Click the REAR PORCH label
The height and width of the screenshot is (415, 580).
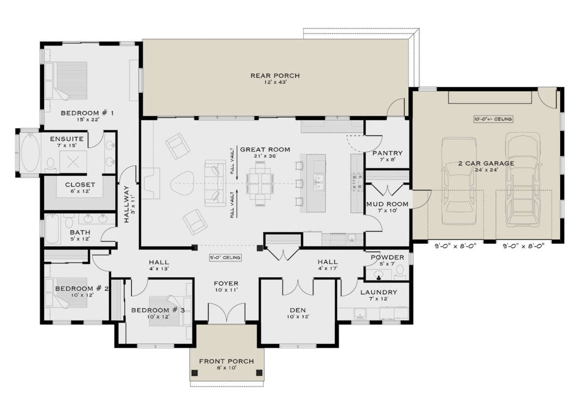(x=275, y=75)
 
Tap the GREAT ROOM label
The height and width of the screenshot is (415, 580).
(x=265, y=149)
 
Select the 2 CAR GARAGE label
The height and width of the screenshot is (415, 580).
(x=486, y=163)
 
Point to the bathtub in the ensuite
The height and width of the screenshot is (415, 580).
(x=30, y=152)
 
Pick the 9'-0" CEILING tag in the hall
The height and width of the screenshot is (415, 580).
(x=225, y=258)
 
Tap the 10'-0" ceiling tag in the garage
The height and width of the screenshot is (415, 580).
(x=493, y=119)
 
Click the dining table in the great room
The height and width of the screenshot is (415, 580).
(x=260, y=184)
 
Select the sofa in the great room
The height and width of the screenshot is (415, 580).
(x=215, y=183)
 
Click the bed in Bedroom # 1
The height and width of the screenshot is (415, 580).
(x=66, y=80)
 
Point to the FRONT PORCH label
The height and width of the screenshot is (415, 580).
(x=227, y=361)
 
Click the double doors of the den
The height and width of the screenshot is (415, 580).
(x=298, y=287)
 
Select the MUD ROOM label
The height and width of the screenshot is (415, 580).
(x=387, y=204)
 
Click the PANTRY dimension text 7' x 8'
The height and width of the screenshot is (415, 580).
(x=387, y=160)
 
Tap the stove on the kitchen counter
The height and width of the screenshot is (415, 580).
(x=356, y=182)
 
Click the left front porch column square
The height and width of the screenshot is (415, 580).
(x=194, y=373)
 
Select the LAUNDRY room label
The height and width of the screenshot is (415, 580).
(x=379, y=292)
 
